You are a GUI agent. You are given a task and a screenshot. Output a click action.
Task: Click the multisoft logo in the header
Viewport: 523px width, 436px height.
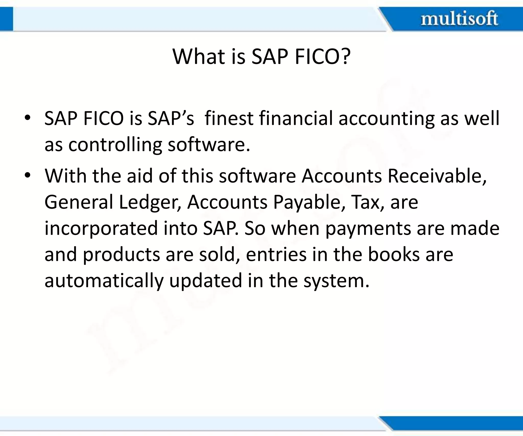click(x=459, y=19)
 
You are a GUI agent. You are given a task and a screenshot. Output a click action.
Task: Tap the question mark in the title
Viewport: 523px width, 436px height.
click(x=346, y=56)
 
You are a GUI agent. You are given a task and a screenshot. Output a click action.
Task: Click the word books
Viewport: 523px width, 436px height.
click(x=394, y=255)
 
